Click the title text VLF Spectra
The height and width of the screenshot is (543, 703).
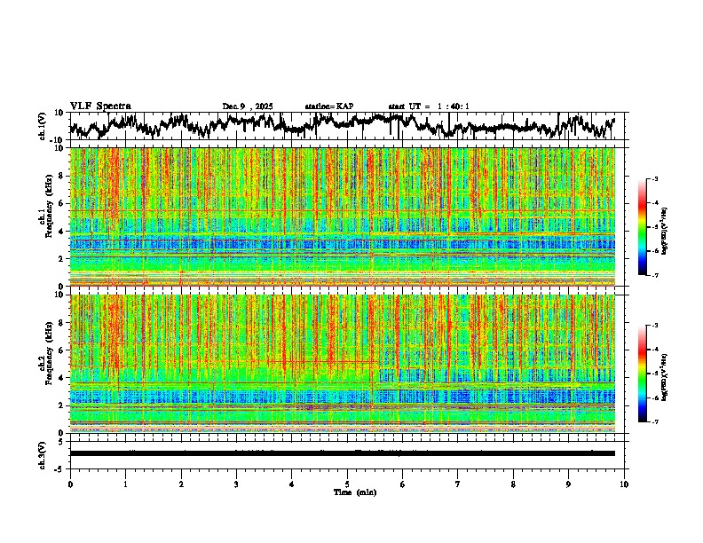(x=99, y=106)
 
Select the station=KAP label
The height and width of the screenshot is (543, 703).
(x=329, y=106)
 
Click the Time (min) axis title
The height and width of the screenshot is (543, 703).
(x=354, y=492)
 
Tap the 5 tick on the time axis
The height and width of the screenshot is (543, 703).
(x=347, y=484)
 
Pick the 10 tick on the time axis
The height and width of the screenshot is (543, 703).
(x=624, y=484)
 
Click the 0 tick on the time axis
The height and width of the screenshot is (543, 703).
(x=70, y=484)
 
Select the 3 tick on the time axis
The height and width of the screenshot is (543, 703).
(x=236, y=484)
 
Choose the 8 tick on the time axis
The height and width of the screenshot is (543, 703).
(x=513, y=484)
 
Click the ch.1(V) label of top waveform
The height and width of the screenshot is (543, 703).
(x=42, y=126)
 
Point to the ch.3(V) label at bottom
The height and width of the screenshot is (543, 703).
(x=42, y=453)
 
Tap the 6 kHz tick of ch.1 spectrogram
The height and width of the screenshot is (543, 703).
(x=60, y=204)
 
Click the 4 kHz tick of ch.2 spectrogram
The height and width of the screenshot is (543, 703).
(x=60, y=378)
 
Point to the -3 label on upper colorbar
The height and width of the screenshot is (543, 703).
(x=663, y=179)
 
